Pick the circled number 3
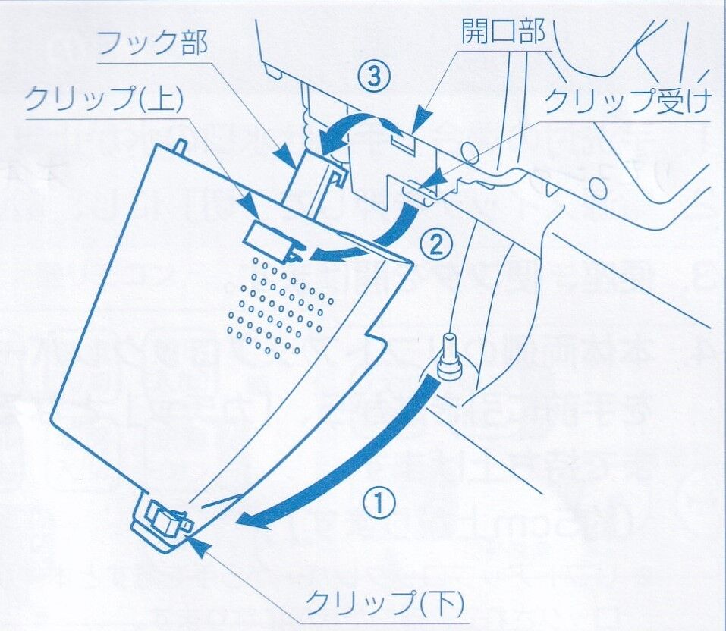[377, 77]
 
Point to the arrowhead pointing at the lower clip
[197, 542]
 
